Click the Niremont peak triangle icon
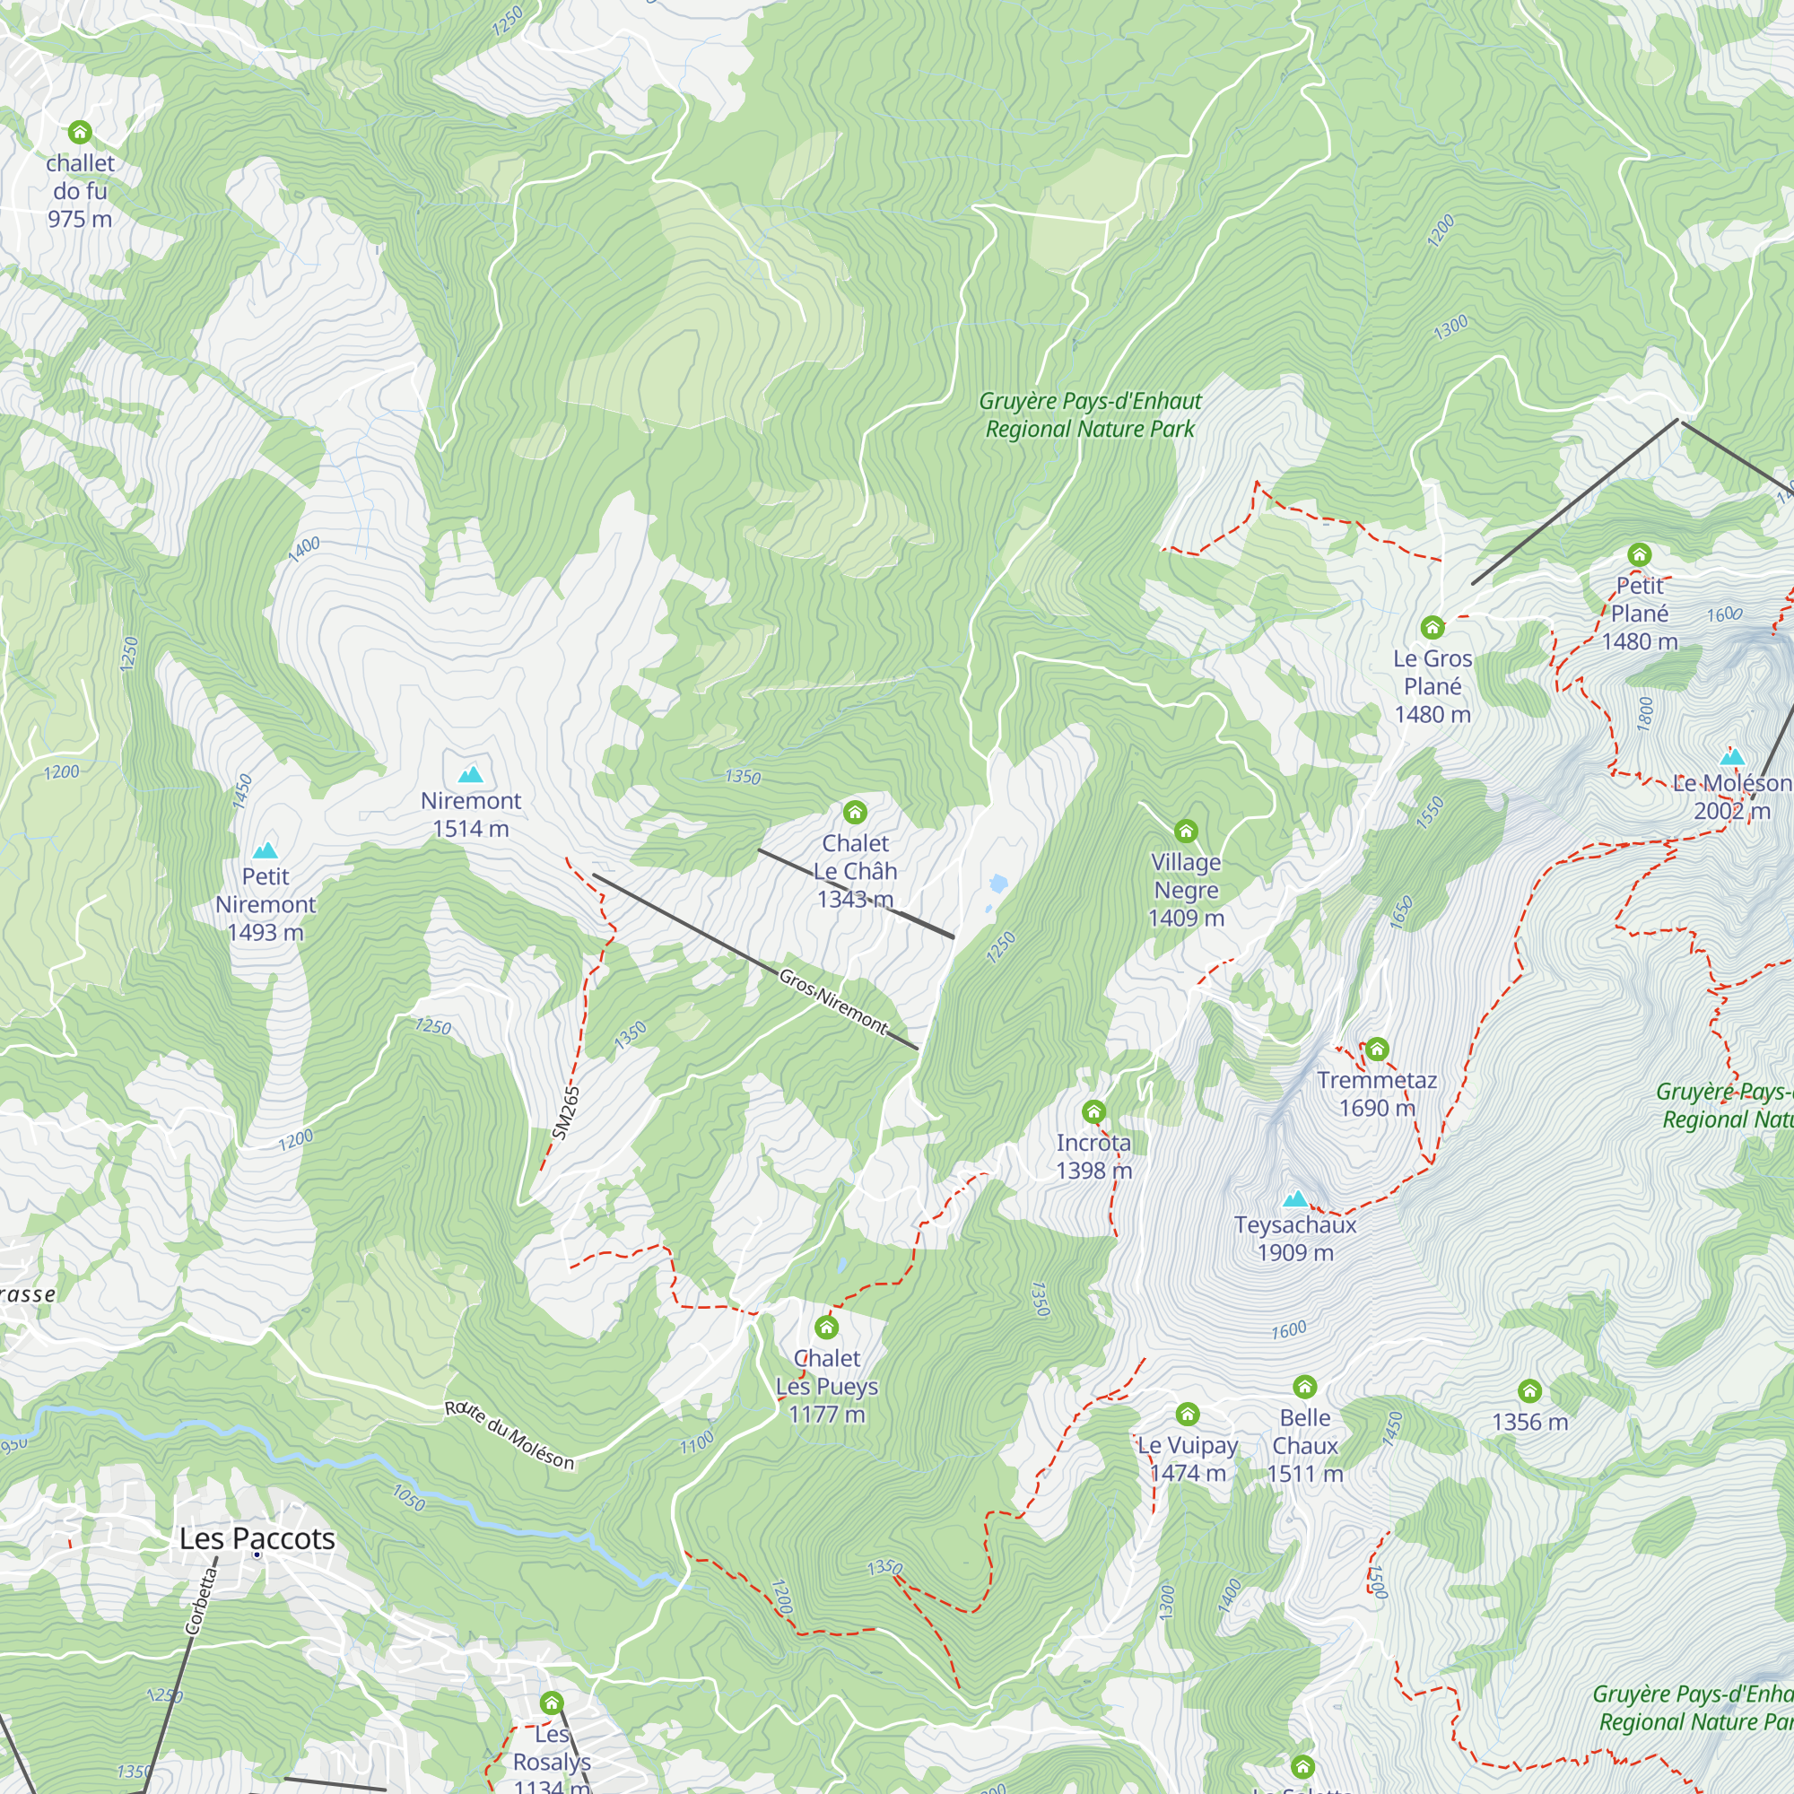click(x=471, y=774)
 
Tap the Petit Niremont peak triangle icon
click(x=266, y=850)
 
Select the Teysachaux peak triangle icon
click(x=1295, y=1198)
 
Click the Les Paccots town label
click(x=257, y=1538)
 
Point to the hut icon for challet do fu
click(x=80, y=132)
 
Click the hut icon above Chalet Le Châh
click(x=855, y=814)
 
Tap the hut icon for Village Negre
click(x=1186, y=832)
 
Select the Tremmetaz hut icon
click(x=1377, y=1049)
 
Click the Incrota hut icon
click(x=1093, y=1111)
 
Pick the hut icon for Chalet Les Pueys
click(x=826, y=1327)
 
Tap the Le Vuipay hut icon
click(x=1188, y=1415)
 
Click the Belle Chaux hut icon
click(x=1304, y=1388)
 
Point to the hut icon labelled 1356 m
click(x=1529, y=1391)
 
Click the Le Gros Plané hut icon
click(x=1433, y=628)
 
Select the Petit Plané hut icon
click(x=1640, y=555)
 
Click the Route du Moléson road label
click(x=509, y=1435)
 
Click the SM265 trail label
click(x=565, y=1112)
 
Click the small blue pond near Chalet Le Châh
click(x=998, y=883)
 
